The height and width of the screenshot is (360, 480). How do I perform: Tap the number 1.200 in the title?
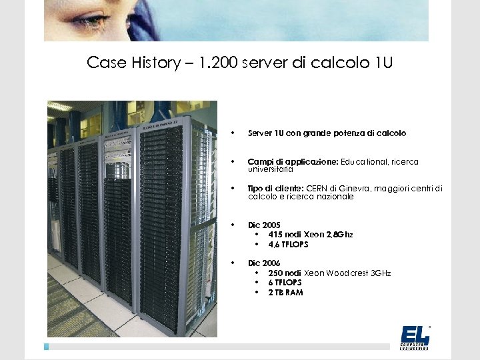(216, 63)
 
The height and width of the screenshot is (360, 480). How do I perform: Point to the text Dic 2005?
(265, 225)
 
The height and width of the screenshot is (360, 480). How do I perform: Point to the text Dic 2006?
(265, 263)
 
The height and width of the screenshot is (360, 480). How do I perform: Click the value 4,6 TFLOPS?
(289, 244)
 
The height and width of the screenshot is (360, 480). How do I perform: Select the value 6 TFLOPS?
(285, 283)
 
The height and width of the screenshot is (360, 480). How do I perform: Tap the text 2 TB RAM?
(285, 292)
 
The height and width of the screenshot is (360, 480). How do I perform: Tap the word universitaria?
(269, 169)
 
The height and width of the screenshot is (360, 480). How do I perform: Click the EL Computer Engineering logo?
(415, 337)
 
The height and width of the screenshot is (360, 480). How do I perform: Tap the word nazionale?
(334, 197)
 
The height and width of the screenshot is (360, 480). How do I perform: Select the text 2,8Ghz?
(339, 235)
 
